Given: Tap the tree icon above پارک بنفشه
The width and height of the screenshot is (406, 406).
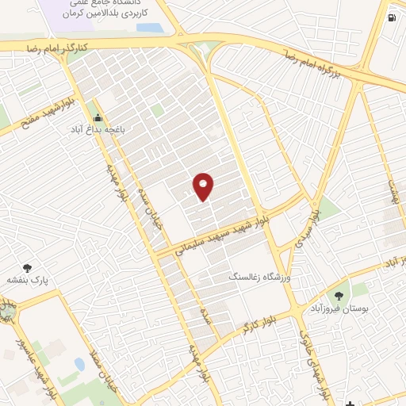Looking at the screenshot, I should pos(29,268).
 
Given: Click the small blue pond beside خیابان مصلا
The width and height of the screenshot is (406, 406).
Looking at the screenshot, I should pos(79,365).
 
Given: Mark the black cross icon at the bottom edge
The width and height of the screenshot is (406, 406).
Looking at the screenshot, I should pos(350,401).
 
